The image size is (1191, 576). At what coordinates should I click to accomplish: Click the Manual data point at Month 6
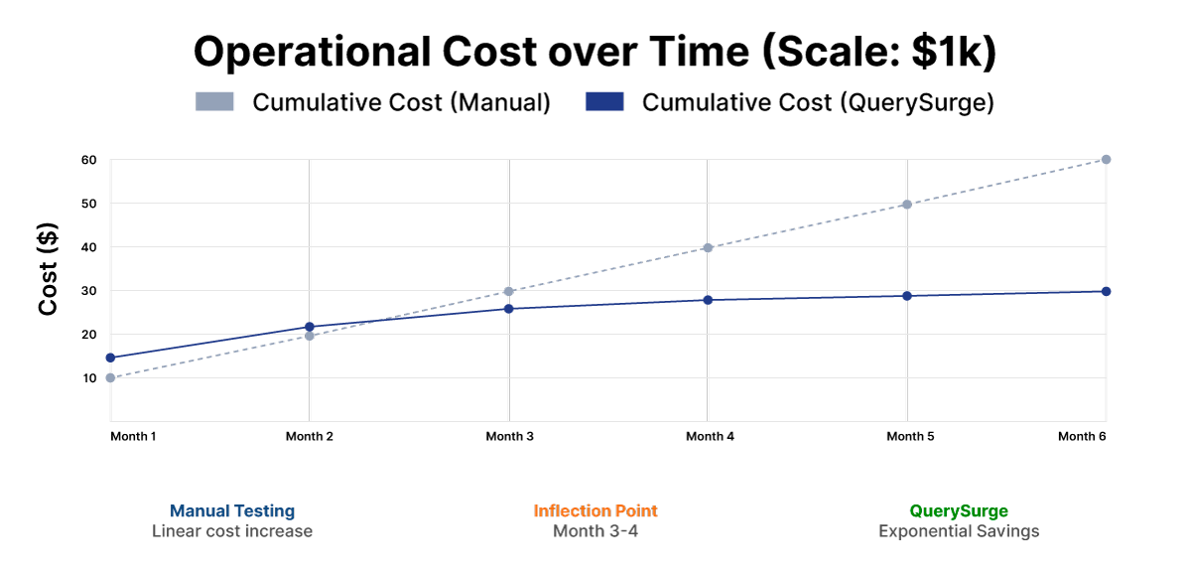1106,159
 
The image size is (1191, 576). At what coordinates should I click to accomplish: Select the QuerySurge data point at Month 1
110,358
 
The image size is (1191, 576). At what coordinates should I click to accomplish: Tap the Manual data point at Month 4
708,247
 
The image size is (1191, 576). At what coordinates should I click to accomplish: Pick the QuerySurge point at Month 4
708,300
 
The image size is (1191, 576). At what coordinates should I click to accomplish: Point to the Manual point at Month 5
907,205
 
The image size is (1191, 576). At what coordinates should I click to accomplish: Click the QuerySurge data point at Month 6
1106,291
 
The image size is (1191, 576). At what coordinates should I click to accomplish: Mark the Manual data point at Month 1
110,377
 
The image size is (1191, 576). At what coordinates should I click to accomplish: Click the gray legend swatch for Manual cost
214,101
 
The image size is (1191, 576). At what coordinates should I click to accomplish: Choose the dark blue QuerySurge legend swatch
604,101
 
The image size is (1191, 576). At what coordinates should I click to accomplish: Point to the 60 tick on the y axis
88,159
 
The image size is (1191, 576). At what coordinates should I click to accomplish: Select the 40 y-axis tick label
88,247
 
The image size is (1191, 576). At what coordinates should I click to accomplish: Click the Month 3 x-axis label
509,436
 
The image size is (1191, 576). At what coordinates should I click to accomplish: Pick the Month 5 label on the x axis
910,436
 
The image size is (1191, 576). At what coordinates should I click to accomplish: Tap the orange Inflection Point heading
595,510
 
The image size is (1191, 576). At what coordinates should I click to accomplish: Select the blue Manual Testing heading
232,510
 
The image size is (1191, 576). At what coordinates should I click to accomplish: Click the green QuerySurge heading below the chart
959,510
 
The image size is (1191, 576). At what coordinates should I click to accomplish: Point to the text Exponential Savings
959,531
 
